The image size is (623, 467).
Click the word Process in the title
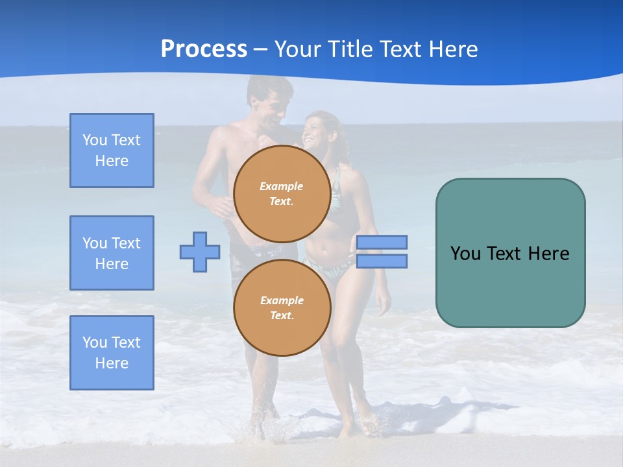tap(204, 49)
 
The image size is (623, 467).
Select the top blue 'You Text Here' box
tap(112, 150)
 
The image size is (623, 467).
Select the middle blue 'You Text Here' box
tap(112, 253)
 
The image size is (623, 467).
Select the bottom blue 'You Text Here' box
tap(112, 353)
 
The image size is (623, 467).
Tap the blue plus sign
tap(200, 252)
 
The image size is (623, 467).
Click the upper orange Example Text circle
tap(282, 193)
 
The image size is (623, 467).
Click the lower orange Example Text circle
tap(282, 307)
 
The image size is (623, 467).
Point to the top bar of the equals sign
tap(382, 243)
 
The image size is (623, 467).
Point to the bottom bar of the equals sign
tap(382, 261)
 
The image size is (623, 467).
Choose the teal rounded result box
tap(510, 285)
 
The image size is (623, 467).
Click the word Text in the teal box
tap(504, 254)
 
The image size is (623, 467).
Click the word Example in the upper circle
tap(282, 186)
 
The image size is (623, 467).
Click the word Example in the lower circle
tap(282, 300)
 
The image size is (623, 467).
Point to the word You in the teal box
tap(465, 254)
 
